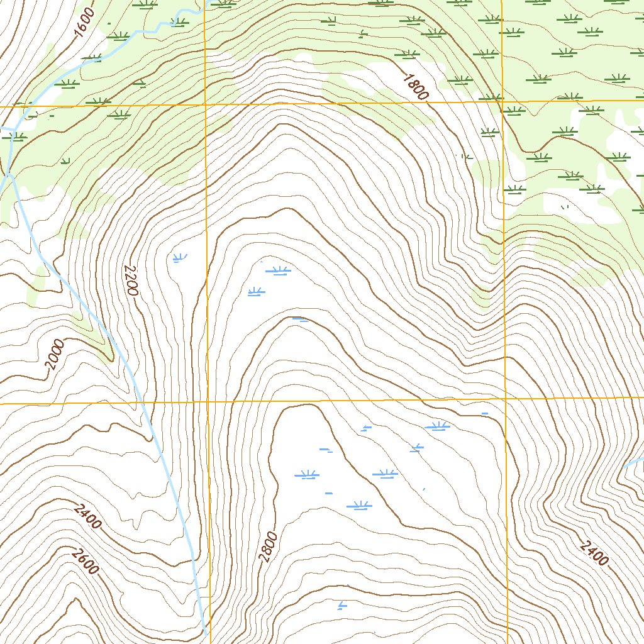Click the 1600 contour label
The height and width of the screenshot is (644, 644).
(84, 23)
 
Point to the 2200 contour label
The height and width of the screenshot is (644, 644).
(131, 280)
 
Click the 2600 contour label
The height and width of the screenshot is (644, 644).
(86, 561)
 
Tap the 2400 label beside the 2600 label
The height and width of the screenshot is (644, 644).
(87, 516)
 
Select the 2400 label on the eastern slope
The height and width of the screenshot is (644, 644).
(594, 552)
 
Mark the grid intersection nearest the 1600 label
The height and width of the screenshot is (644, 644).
(206, 105)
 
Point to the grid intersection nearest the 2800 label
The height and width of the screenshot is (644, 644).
(208, 401)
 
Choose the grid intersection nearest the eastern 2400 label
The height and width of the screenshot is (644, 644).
(506, 399)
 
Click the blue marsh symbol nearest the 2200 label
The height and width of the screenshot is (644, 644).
(179, 257)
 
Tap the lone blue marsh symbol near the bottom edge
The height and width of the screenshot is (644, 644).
(341, 606)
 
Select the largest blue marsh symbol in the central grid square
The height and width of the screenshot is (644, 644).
(278, 270)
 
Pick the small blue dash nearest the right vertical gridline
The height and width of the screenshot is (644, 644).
(484, 413)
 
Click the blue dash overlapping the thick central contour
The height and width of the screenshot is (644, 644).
(300, 319)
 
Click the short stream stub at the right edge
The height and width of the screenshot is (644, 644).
(634, 462)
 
